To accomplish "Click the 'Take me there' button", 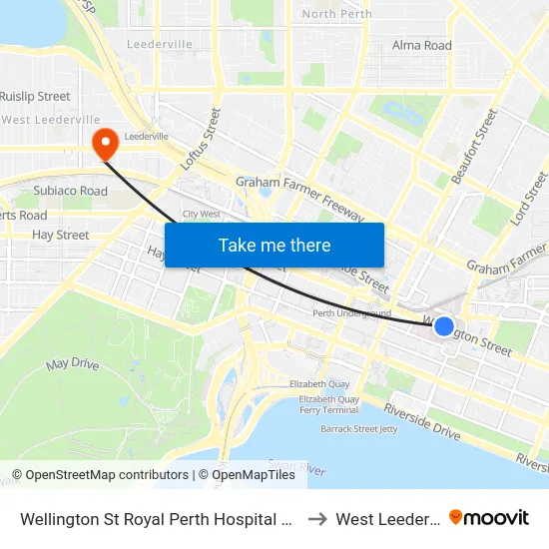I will click(x=274, y=245).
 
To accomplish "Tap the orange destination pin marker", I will click(x=104, y=145).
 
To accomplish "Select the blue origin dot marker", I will click(x=444, y=325).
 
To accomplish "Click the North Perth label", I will click(x=336, y=14).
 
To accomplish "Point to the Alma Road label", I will click(x=421, y=45).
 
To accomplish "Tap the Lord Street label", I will click(x=529, y=198).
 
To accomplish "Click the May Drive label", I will click(x=73, y=364).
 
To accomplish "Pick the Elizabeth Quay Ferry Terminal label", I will click(x=328, y=404).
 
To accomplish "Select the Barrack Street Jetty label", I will click(x=358, y=428).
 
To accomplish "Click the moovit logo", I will click(x=489, y=517).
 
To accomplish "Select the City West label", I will click(x=202, y=214).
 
